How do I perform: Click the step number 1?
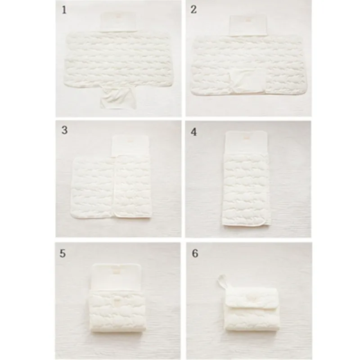[64, 10]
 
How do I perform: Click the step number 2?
[193, 9]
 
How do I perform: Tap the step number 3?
[64, 130]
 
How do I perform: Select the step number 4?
[194, 132]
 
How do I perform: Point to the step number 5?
[63, 253]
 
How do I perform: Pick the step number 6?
[195, 253]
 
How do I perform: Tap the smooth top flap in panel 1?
[119, 22]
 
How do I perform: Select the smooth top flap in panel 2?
[248, 26]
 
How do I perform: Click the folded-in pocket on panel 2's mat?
[248, 81]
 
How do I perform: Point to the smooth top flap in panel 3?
[130, 145]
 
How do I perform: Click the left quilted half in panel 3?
[93, 187]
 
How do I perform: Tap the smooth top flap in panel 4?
[246, 143]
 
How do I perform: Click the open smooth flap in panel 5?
[116, 277]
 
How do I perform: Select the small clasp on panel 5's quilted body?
[117, 300]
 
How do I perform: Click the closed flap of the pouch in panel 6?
[252, 297]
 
